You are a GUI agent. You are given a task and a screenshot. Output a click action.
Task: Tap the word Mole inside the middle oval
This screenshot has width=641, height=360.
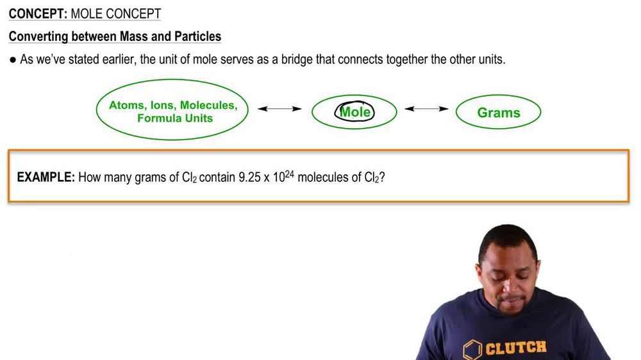(x=354, y=112)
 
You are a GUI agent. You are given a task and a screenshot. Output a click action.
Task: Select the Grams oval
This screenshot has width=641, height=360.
(x=498, y=113)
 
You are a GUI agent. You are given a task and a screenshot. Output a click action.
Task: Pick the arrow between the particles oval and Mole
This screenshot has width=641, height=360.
(x=279, y=109)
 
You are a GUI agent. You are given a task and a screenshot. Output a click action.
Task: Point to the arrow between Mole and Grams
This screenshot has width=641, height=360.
(x=426, y=109)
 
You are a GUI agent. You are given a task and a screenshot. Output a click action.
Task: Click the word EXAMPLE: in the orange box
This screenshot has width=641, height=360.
(x=46, y=177)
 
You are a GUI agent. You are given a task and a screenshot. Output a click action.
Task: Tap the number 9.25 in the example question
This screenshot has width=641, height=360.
(x=250, y=177)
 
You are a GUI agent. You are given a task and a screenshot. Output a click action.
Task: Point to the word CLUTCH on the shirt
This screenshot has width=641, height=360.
(x=516, y=348)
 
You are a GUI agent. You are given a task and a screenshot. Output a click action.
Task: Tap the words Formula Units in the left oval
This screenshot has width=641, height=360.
(x=174, y=119)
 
